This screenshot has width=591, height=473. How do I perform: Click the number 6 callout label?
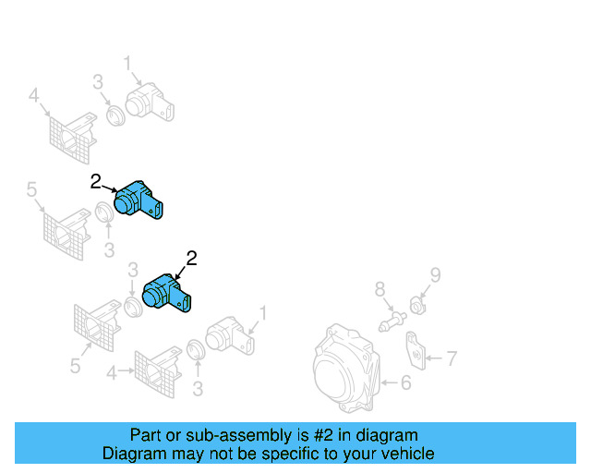point(404,381)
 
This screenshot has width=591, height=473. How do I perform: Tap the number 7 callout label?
point(451,358)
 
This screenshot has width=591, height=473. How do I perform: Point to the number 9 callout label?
point(435,273)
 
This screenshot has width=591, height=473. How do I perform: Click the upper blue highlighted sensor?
point(139,201)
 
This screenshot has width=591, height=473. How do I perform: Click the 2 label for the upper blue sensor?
point(95,182)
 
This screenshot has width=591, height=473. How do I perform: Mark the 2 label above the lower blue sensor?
point(192,259)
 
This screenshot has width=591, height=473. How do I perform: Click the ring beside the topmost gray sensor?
point(115,115)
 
